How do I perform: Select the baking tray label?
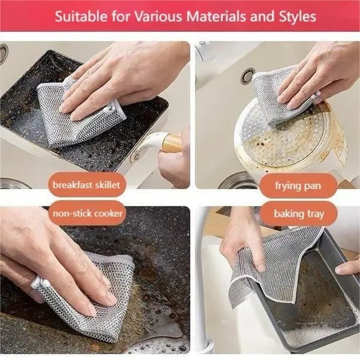click(x=298, y=213)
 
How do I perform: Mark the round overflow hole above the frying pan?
click(x=247, y=76)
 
